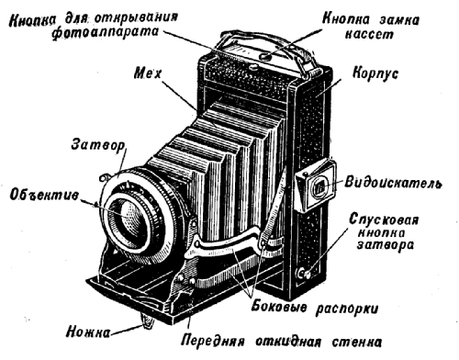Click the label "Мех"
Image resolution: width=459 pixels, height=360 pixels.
[148, 73]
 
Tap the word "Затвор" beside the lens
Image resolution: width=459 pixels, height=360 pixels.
[98, 145]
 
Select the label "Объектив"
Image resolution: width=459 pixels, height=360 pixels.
[44, 195]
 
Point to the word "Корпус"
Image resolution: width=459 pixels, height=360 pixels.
[375, 73]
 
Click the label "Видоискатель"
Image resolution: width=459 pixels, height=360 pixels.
[394, 182]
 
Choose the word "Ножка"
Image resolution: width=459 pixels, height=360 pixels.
[88, 332]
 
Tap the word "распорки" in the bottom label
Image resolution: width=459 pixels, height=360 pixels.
[347, 309]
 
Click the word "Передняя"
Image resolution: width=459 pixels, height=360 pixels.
[213, 341]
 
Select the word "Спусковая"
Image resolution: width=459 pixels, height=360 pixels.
[384, 219]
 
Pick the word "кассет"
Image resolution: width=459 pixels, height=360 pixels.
[369, 34]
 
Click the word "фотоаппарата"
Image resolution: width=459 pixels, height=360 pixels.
[106, 32]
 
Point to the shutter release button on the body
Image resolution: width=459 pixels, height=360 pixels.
[303, 273]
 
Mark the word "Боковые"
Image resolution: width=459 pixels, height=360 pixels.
[278, 306]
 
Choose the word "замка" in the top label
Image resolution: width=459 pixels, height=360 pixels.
[399, 19]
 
